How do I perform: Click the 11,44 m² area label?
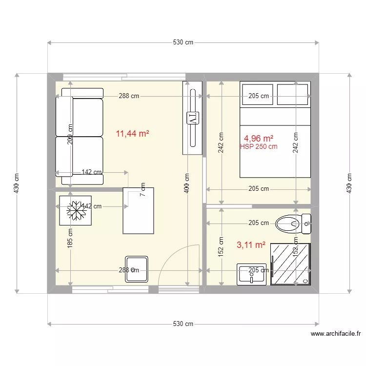[x=132, y=133]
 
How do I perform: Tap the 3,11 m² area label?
[x=251, y=245]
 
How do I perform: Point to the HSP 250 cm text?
[x=259, y=146]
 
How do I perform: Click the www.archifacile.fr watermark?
[x=336, y=334]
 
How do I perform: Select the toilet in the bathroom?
[x=292, y=224]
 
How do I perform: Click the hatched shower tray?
[x=290, y=264]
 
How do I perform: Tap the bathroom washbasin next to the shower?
[x=252, y=274]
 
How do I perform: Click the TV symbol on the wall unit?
[x=192, y=118]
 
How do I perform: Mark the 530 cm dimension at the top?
[x=183, y=42]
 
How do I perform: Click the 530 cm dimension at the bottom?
[x=183, y=324]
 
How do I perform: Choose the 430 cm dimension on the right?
[x=348, y=183]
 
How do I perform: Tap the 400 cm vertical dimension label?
[x=187, y=183]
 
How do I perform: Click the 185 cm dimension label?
[x=71, y=239]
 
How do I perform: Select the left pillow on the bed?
[x=258, y=94]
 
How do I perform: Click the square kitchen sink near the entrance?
[x=137, y=269]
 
